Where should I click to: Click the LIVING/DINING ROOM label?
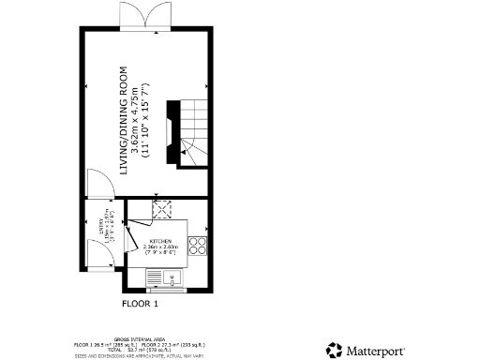click(x=123, y=116)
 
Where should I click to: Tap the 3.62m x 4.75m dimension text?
click(x=136, y=116)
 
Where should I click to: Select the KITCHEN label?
click(x=160, y=241)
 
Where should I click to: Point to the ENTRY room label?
click(x=100, y=229)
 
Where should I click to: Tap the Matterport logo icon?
click(x=335, y=350)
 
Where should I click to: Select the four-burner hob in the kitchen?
click(x=198, y=247)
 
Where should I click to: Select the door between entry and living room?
click(x=97, y=185)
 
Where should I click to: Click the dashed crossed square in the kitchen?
click(x=161, y=208)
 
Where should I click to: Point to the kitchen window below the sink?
click(x=169, y=289)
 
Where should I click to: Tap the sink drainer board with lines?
click(x=155, y=276)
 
